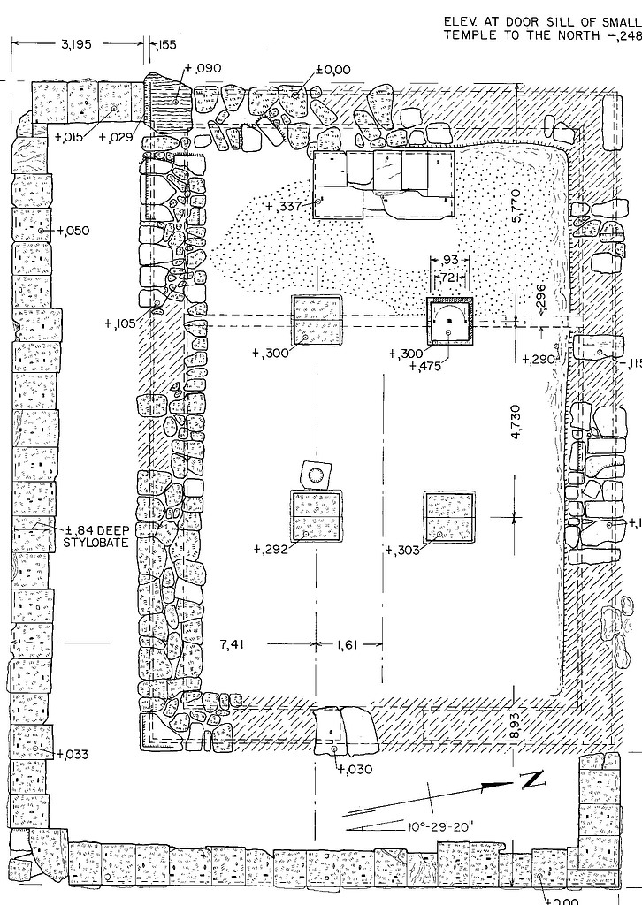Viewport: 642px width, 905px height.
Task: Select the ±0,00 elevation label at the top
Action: [333, 69]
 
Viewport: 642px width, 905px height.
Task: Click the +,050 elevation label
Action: [73, 231]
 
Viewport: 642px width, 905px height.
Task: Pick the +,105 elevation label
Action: [120, 323]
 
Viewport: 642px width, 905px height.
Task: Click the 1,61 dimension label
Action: [347, 645]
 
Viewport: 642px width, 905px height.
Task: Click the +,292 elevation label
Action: [271, 549]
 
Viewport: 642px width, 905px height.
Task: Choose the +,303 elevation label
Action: [403, 551]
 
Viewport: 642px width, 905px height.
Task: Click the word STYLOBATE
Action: [96, 542]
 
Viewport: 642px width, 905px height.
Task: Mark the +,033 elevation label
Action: [73, 755]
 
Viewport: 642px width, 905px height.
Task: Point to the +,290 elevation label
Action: [539, 360]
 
